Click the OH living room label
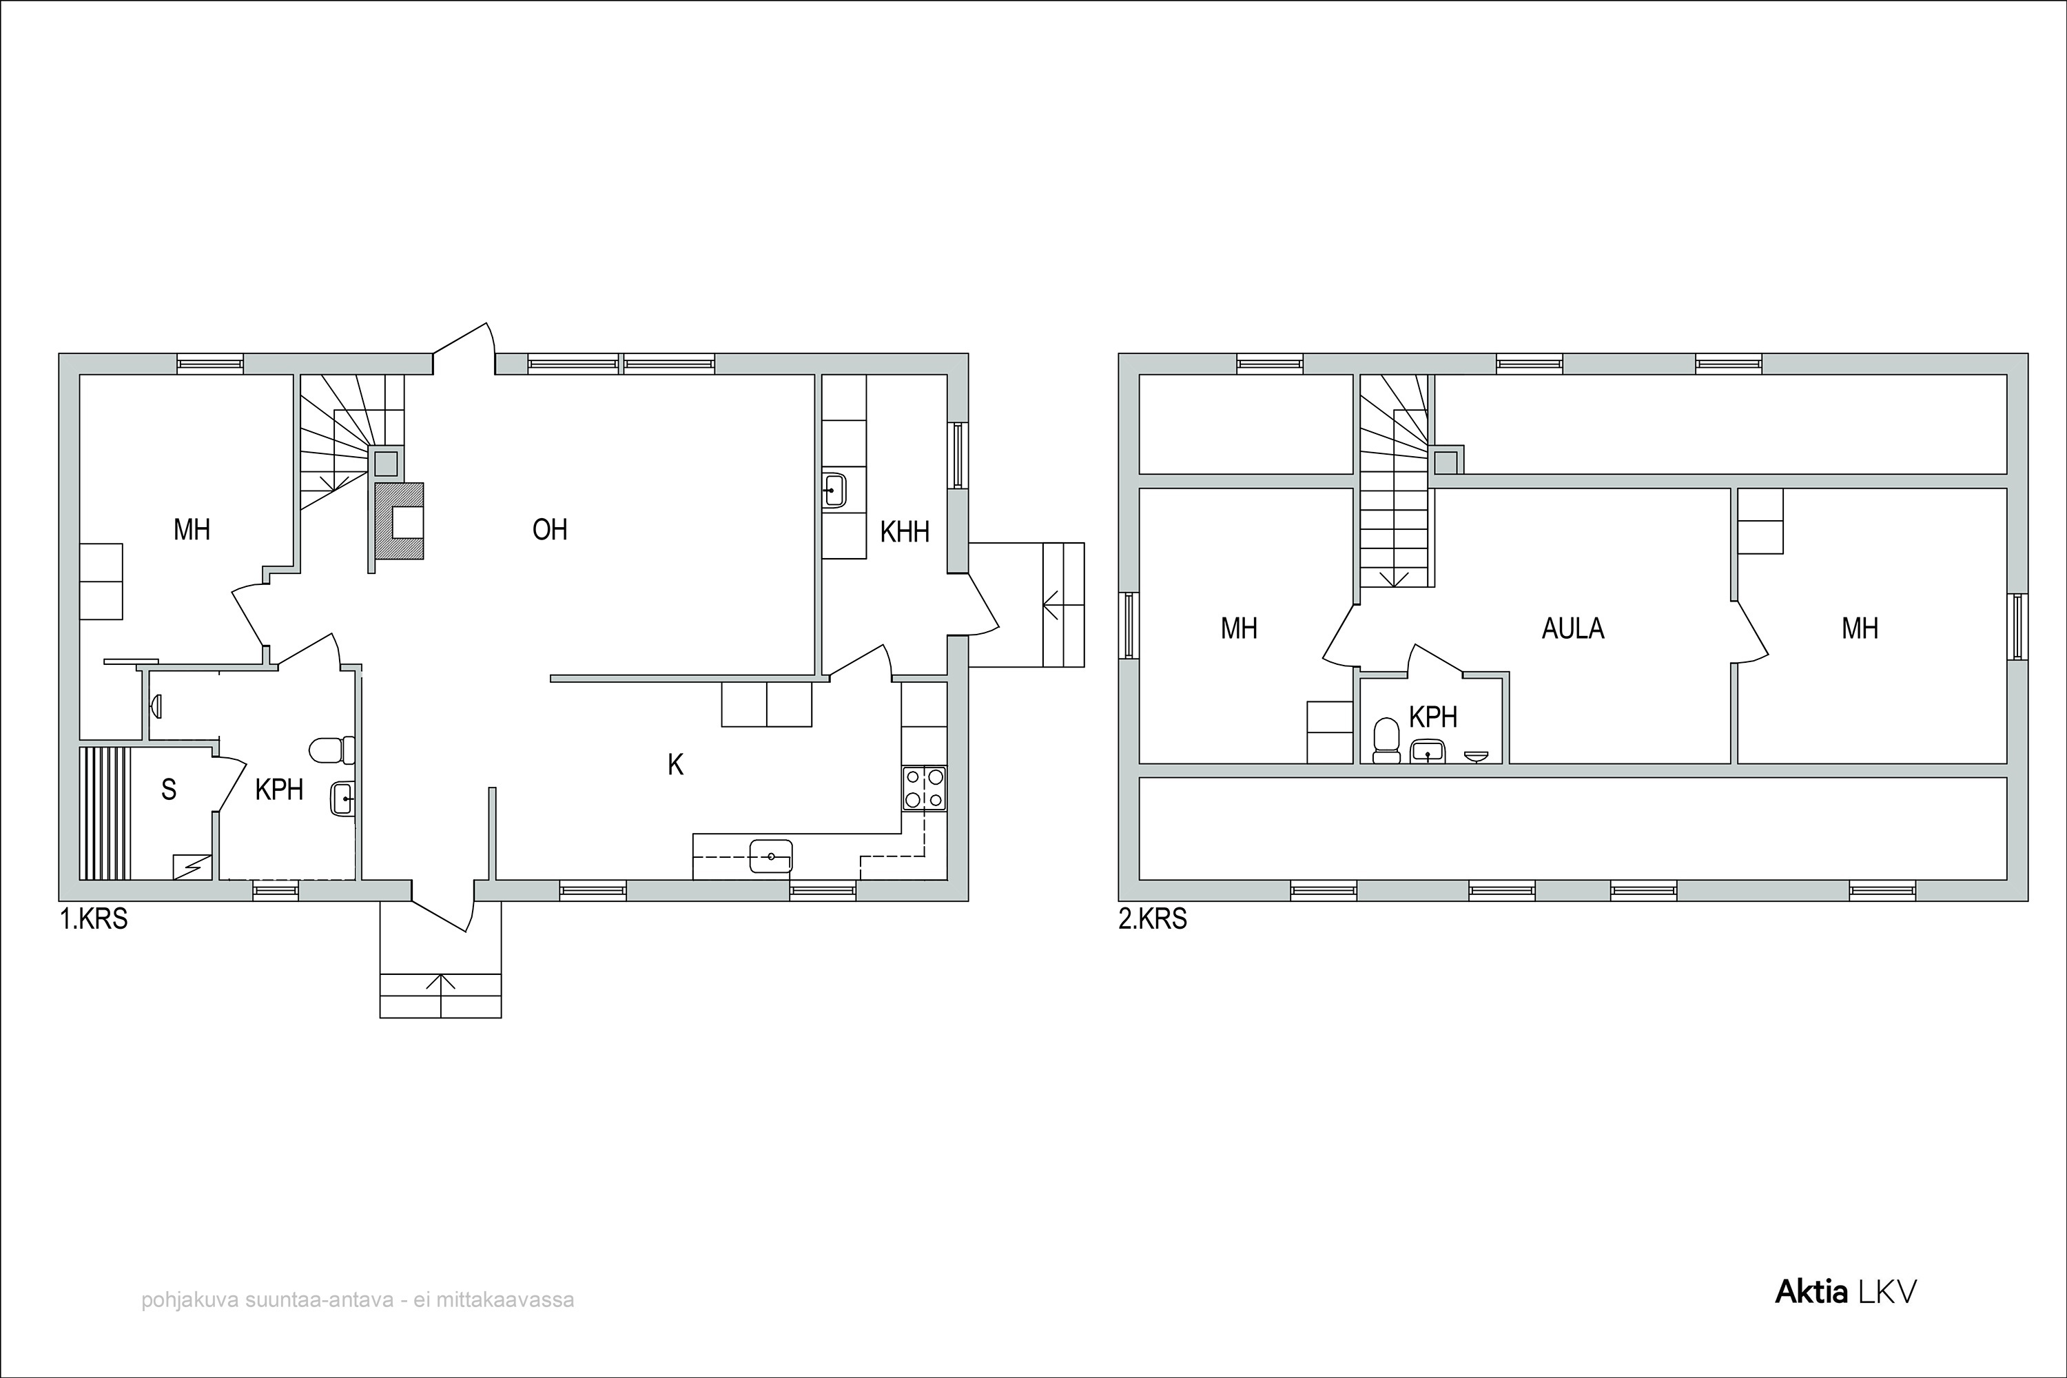(550, 530)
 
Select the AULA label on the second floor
(1573, 628)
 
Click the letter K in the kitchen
(675, 765)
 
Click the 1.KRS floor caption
(94, 920)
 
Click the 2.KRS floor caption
(1153, 920)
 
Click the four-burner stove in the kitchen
(925, 788)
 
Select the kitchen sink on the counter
(771, 856)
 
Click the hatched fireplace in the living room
(399, 521)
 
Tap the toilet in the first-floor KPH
(332, 750)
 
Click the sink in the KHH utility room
(833, 491)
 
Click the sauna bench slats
(105, 813)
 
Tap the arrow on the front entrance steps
(440, 983)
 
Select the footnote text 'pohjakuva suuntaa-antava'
(267, 1299)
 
